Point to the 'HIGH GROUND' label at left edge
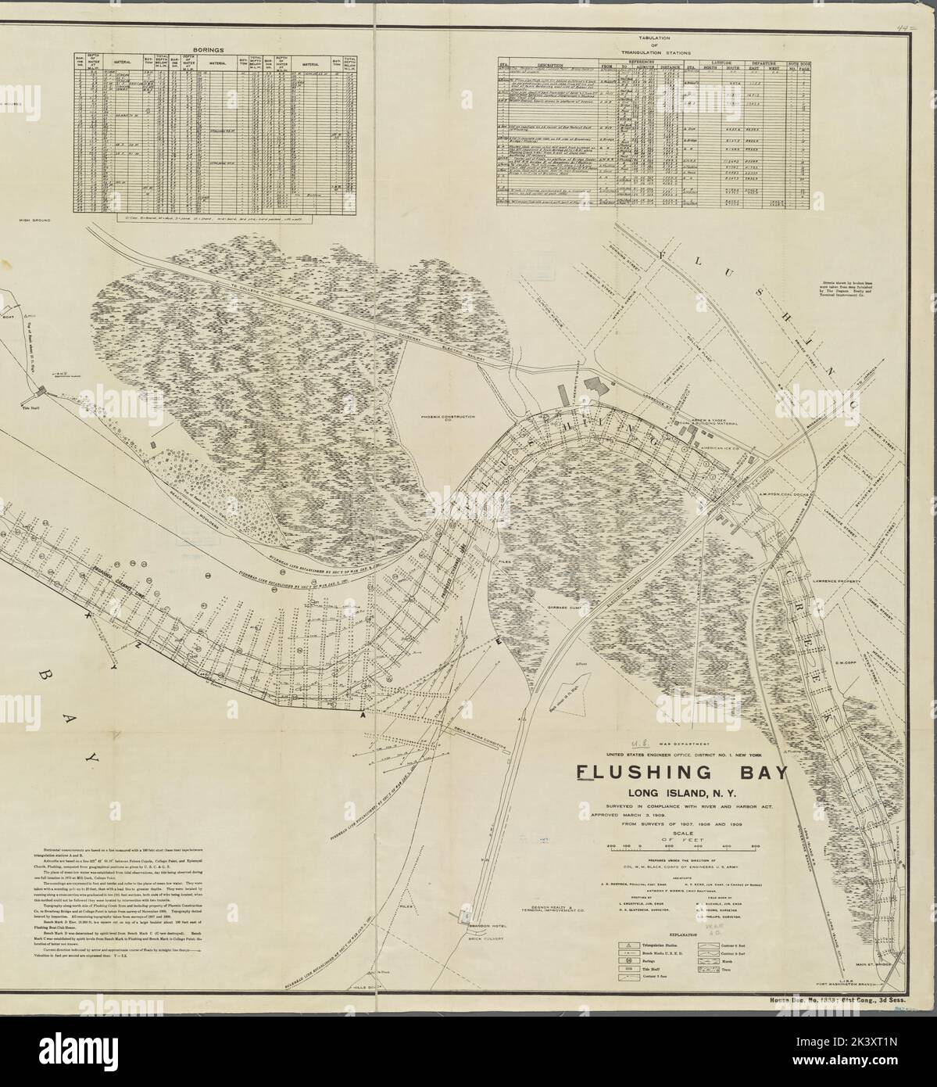pyautogui.click(x=34, y=221)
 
